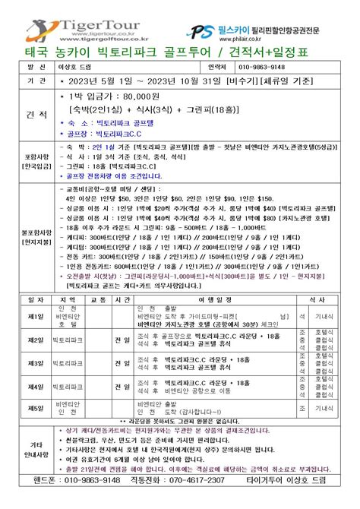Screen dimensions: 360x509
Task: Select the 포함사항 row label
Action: (28, 162)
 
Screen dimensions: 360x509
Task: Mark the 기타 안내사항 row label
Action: (28, 449)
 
